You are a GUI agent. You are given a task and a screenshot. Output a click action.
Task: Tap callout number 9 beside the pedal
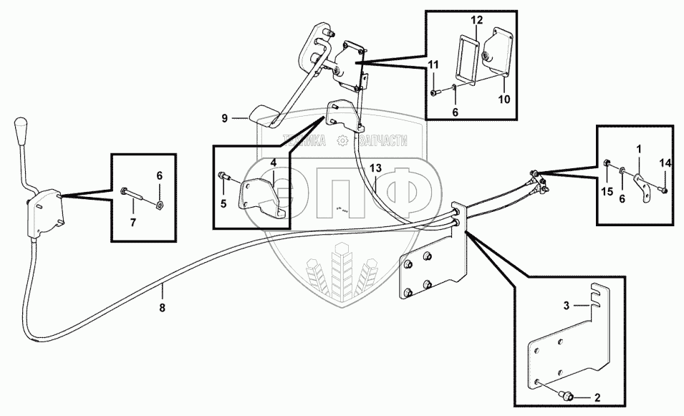click(x=224, y=118)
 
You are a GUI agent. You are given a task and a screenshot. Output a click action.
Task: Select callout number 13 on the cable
click(x=375, y=168)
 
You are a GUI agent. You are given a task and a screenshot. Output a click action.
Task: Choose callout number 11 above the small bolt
click(x=433, y=65)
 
